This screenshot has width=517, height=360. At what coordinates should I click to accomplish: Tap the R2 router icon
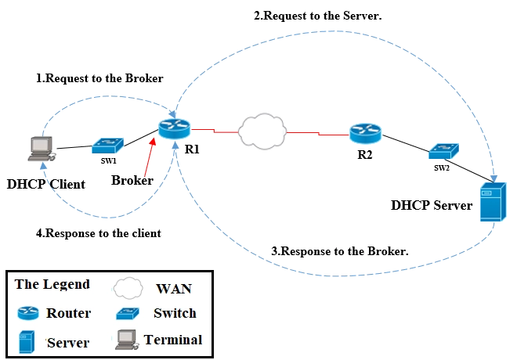(365, 133)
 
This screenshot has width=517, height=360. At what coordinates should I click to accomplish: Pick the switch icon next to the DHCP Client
(106, 146)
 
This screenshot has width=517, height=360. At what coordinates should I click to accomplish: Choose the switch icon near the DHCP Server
(443, 150)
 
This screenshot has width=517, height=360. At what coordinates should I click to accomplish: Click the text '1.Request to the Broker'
(100, 78)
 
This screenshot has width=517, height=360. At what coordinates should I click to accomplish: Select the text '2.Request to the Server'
(316, 15)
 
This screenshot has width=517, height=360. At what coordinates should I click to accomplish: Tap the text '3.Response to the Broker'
(338, 251)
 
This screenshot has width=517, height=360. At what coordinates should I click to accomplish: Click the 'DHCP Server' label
(433, 206)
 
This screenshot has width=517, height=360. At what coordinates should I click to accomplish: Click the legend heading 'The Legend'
(52, 284)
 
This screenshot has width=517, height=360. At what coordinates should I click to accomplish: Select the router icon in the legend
(27, 313)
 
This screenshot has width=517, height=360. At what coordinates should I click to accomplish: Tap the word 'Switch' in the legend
(175, 313)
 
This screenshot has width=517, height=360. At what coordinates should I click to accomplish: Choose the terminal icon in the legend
(126, 340)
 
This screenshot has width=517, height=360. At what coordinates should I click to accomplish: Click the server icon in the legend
(25, 340)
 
